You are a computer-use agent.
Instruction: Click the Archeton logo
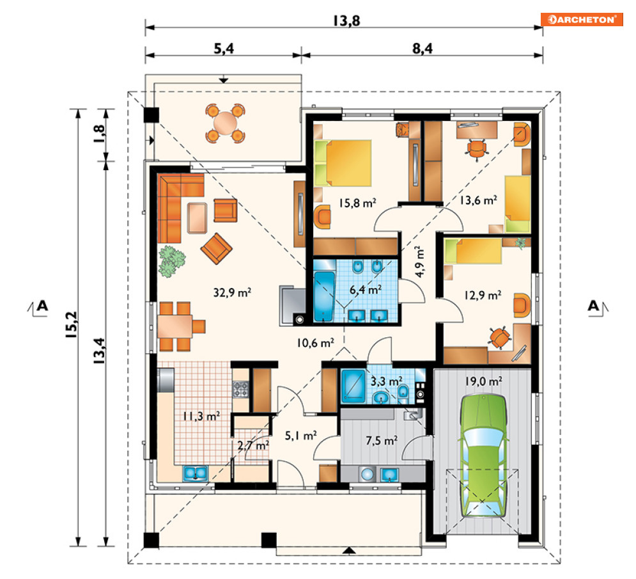click(581, 19)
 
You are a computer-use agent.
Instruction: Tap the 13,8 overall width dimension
click(346, 20)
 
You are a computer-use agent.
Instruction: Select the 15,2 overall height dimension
click(71, 325)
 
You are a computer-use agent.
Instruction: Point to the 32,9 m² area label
click(232, 292)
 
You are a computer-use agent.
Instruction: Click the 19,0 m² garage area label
click(483, 381)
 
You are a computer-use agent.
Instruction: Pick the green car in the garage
click(482, 455)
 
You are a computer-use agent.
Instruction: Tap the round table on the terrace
click(225, 123)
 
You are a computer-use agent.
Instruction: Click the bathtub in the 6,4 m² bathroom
click(325, 296)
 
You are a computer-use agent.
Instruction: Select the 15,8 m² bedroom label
click(357, 203)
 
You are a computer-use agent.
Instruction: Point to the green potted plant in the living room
click(171, 261)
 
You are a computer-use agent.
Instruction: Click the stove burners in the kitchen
click(240, 389)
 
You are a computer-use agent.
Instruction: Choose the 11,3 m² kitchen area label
click(201, 416)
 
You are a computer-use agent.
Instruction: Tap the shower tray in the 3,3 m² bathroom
click(353, 385)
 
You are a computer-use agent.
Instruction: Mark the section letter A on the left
click(42, 305)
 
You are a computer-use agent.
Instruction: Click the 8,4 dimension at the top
click(423, 49)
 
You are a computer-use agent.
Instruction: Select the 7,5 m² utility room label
click(382, 440)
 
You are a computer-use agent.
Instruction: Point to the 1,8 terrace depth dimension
click(99, 134)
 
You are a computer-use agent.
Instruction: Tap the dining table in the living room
click(175, 326)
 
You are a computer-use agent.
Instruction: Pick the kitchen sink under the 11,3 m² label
click(195, 473)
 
